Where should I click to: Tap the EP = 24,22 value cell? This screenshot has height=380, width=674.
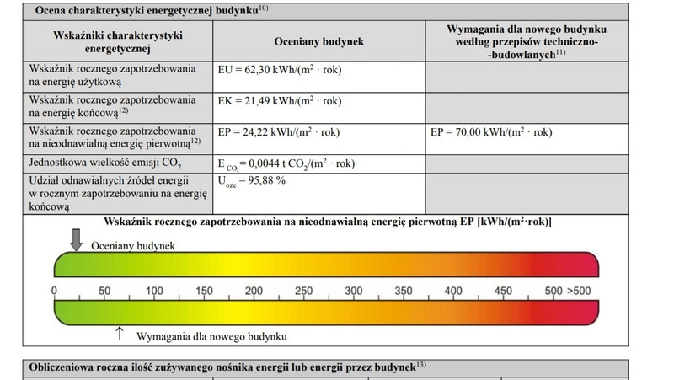(x=279, y=132)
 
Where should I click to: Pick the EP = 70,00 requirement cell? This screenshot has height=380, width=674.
(x=491, y=132)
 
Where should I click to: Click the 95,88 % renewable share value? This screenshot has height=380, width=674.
(x=253, y=181)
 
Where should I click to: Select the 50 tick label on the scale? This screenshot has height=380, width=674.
(x=104, y=292)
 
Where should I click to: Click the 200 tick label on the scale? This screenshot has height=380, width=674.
(x=254, y=292)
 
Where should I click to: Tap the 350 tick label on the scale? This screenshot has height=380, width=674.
(x=403, y=292)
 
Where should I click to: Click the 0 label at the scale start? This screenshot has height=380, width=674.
(x=55, y=292)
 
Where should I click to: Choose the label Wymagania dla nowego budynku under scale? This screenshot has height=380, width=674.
(x=211, y=336)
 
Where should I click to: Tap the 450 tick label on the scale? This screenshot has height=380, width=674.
(x=503, y=292)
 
